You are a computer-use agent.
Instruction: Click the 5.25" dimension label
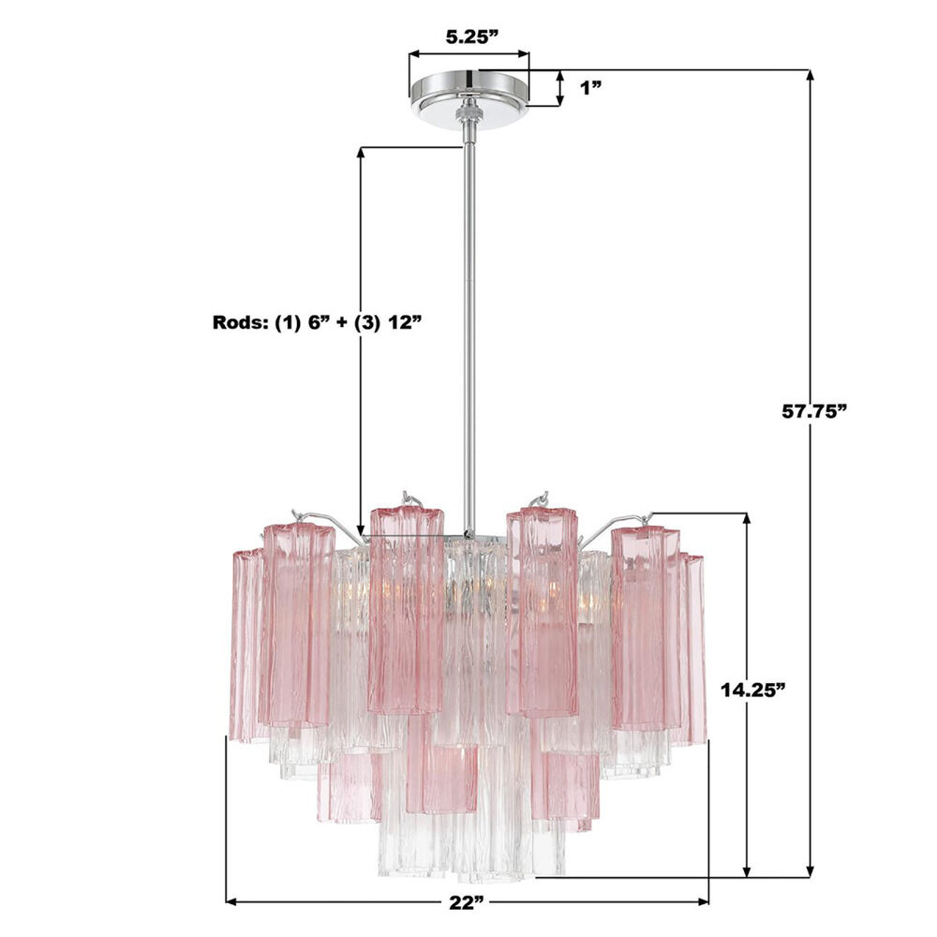pos(471,37)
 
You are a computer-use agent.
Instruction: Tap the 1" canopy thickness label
pos(591,88)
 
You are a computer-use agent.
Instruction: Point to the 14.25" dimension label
pos(751,691)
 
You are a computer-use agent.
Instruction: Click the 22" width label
pos(467,902)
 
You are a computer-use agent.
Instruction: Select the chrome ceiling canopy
pos(469,93)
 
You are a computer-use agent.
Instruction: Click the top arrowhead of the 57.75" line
pos(811,76)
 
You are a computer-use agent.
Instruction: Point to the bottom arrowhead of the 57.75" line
pos(811,871)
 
